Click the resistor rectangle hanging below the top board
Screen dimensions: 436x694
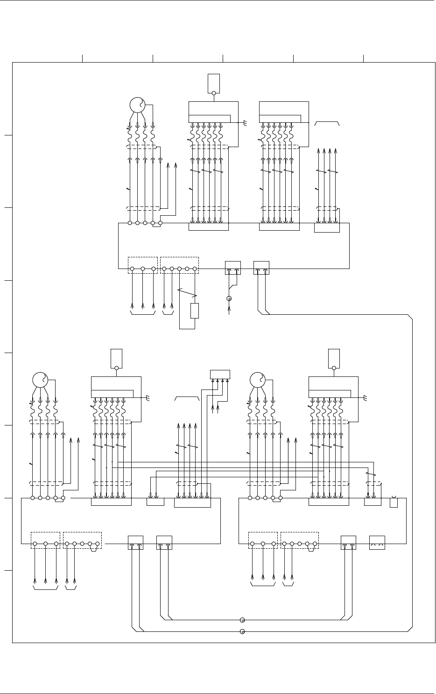(195, 311)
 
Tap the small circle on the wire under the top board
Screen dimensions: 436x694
(229, 298)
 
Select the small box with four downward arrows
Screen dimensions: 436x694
(220, 375)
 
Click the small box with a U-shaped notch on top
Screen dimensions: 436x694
(394, 503)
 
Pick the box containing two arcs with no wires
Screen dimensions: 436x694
(377, 543)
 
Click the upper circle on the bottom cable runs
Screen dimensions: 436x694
(242, 620)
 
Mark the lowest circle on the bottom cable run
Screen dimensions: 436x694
(242, 632)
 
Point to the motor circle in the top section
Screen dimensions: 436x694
(137, 105)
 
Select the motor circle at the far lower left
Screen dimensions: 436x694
(40, 380)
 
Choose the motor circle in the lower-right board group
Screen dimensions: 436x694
(258, 380)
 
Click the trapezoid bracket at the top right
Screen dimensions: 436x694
(327, 123)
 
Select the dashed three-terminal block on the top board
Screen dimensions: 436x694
(142, 265)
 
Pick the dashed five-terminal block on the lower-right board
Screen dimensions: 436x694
(299, 540)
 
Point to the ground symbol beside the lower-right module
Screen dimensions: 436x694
(365, 397)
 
